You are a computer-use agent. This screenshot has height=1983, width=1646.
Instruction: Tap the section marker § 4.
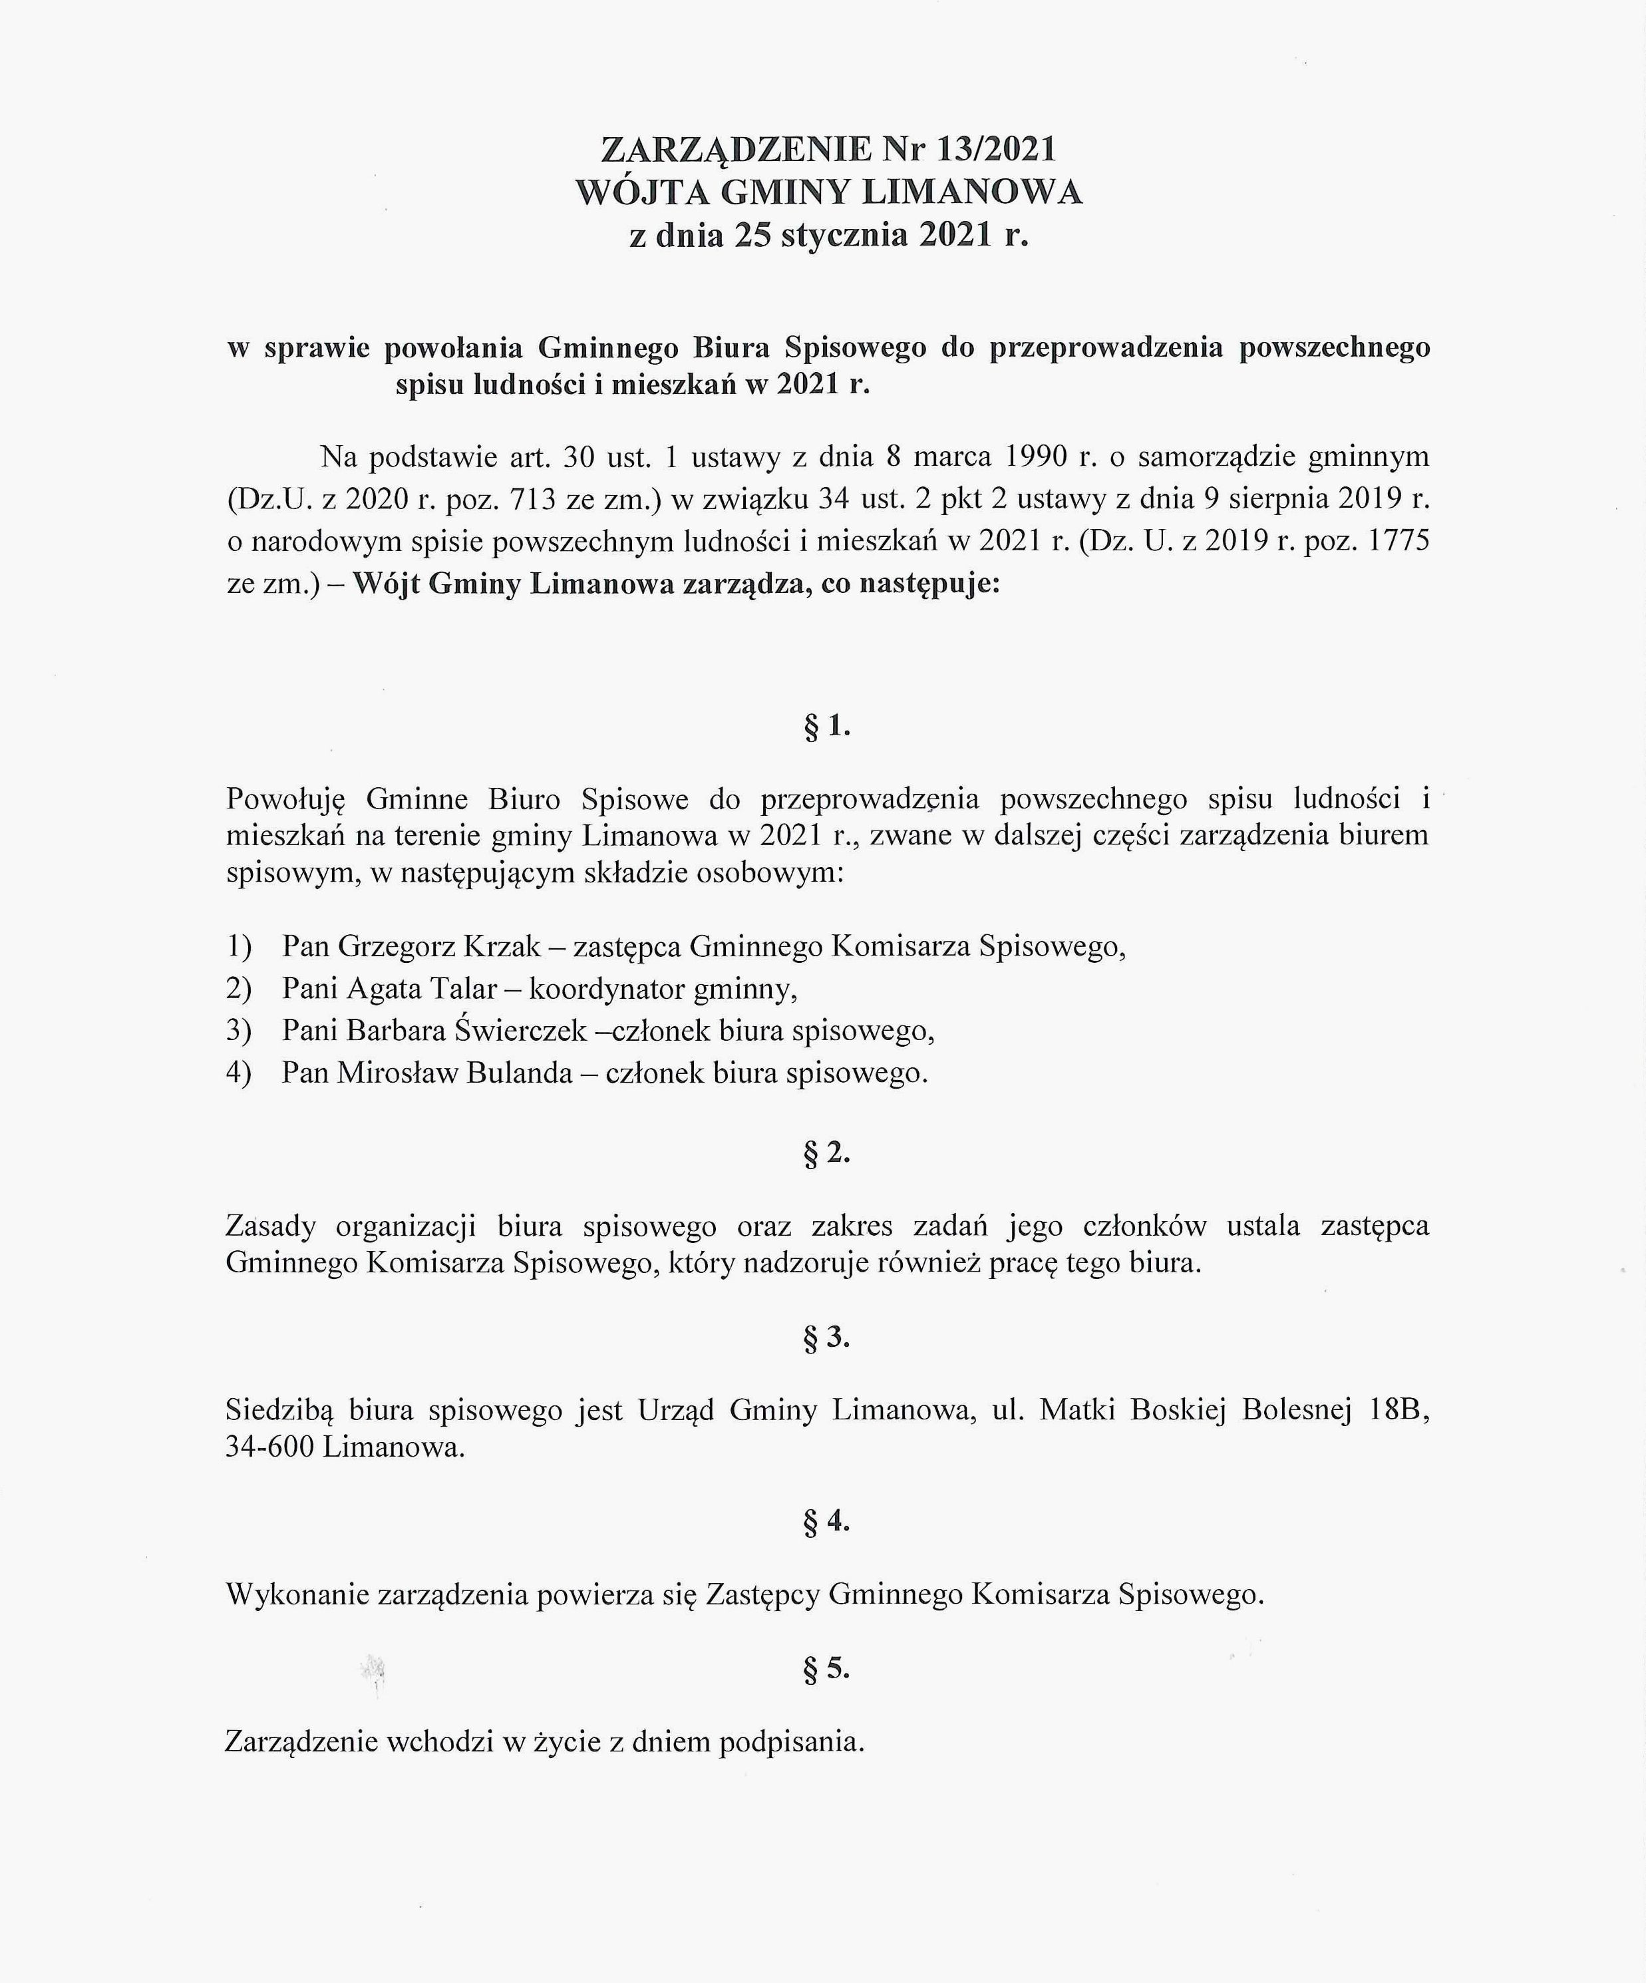click(826, 1521)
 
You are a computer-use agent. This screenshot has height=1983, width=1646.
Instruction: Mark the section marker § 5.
click(826, 1670)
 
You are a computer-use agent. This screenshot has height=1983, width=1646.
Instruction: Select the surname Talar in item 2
click(464, 989)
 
